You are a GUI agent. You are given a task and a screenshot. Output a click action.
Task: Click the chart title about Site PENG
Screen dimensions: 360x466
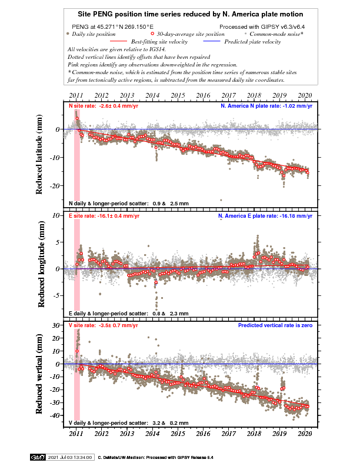191,14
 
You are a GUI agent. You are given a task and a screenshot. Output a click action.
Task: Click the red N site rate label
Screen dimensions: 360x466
104,106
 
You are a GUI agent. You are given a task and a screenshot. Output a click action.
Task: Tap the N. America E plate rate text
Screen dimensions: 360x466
265,216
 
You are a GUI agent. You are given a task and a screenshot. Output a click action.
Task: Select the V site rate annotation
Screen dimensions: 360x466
104,325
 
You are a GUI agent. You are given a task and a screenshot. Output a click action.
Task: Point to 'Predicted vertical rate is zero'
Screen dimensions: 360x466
275,325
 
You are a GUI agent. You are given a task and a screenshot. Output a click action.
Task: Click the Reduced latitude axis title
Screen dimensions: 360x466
39,155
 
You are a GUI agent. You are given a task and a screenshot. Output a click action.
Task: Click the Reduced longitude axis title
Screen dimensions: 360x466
41,264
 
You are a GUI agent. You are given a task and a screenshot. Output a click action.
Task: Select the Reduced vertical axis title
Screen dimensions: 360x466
39,374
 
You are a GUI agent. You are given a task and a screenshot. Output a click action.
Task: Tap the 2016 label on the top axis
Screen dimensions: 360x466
203,95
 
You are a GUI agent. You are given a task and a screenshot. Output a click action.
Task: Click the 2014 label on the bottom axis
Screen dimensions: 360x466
152,434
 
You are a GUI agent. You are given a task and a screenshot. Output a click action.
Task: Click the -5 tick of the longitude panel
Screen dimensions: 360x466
56,296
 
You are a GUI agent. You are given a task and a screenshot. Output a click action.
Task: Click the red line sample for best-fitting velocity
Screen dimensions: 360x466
118,41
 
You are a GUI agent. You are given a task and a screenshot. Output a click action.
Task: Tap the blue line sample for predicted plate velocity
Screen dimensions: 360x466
212,41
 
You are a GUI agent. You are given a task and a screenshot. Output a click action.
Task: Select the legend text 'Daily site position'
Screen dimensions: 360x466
94,34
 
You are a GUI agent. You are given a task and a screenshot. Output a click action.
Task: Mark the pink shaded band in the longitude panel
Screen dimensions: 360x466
77,265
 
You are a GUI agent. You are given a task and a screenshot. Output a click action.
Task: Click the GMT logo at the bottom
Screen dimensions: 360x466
38,457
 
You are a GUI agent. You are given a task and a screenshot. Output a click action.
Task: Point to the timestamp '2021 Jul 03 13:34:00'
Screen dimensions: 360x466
70,457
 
